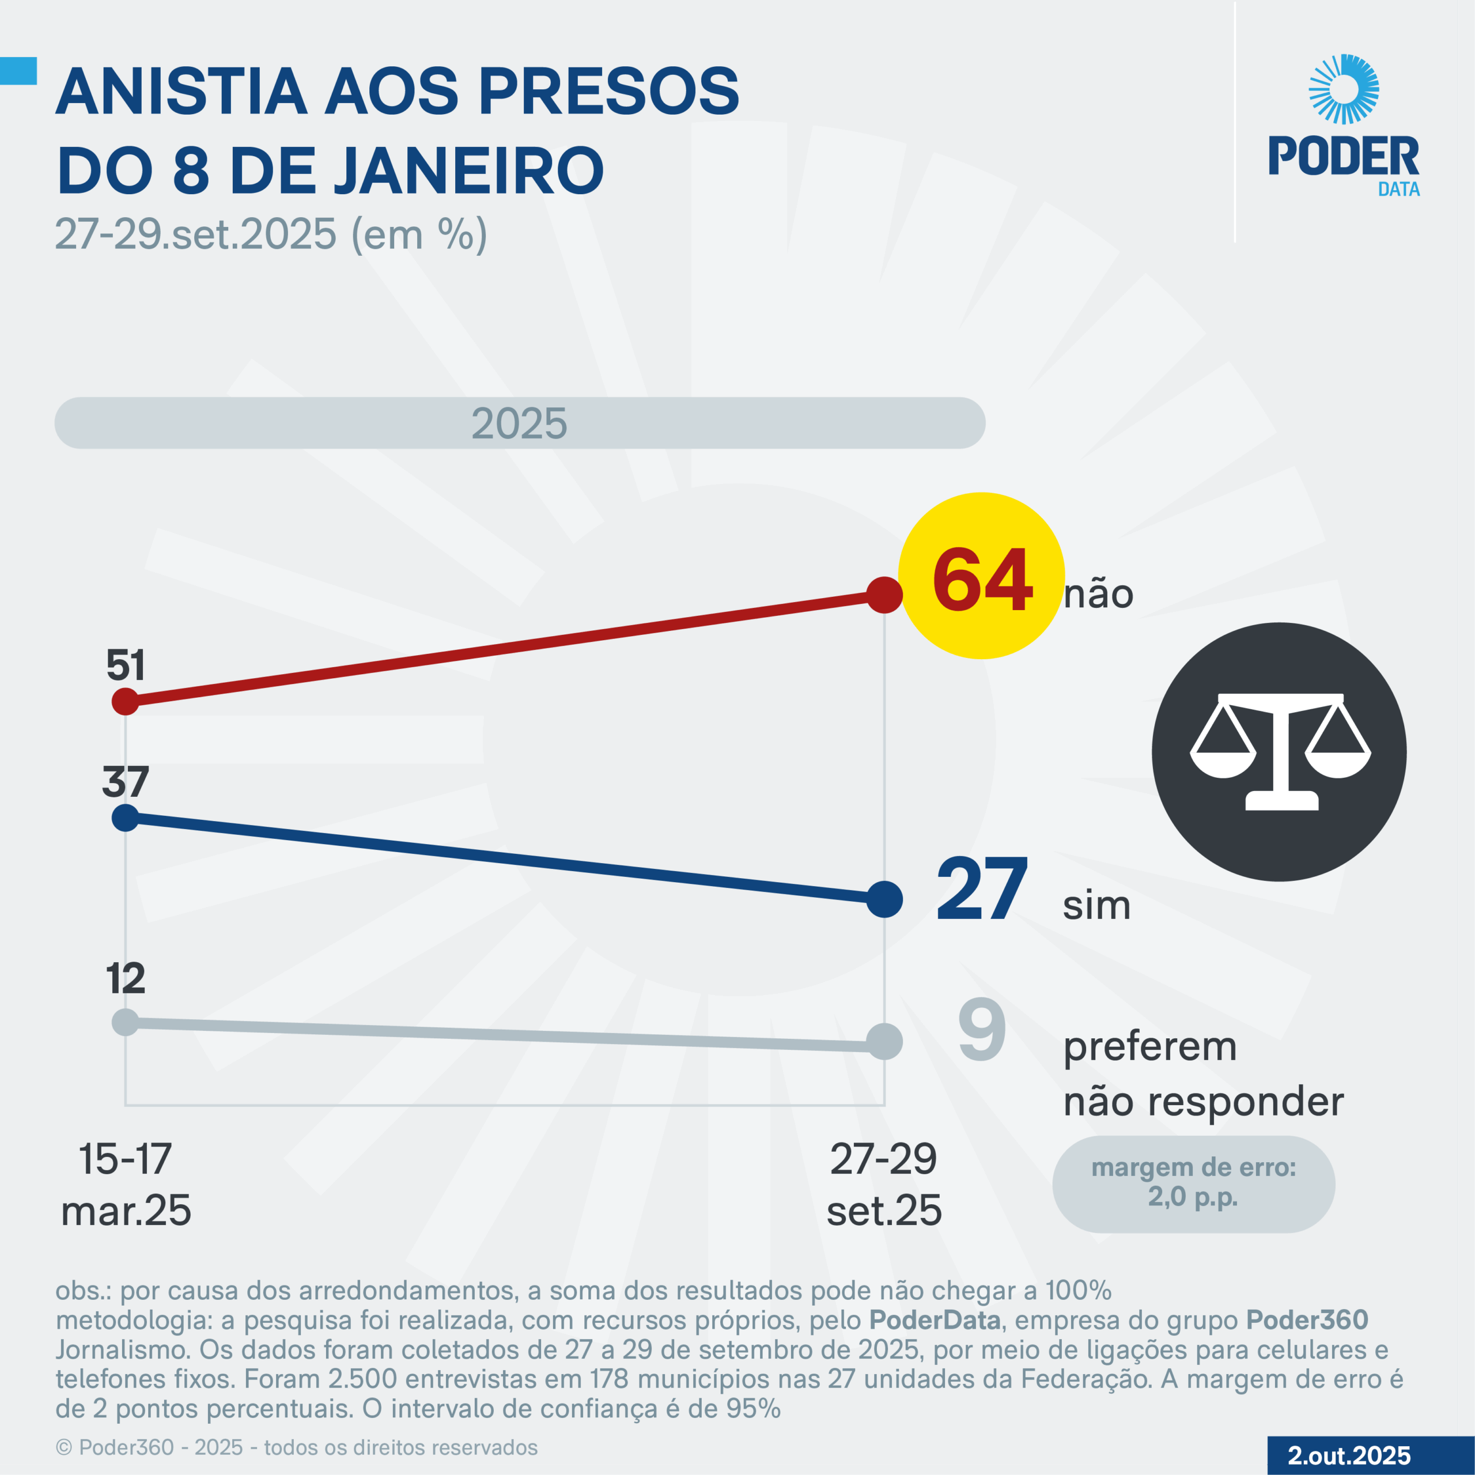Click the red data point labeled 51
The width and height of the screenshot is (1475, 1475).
125,701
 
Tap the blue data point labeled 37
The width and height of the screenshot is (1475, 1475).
125,818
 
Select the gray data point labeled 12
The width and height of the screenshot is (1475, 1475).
125,1022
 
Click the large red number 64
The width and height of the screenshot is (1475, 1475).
982,580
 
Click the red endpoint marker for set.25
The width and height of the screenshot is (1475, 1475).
884,595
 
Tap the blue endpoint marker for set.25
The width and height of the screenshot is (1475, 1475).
884,899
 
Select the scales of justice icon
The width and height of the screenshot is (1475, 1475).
1280,751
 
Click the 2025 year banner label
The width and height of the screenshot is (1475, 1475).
519,423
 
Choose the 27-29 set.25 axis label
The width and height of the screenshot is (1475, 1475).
884,1184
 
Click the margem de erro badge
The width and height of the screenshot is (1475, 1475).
1193,1184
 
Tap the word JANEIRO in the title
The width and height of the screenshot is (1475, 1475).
469,169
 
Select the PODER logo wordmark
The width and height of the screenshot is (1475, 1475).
1344,157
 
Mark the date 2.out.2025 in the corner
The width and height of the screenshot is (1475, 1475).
1349,1455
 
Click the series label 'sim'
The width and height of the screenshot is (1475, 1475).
1096,906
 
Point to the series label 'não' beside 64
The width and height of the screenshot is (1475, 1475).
1099,594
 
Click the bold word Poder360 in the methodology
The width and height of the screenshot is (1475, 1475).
1307,1320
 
